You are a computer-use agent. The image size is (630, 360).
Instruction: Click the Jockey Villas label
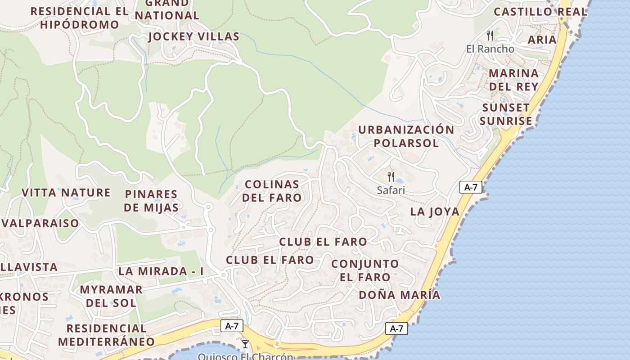pyautogui.click(x=193, y=36)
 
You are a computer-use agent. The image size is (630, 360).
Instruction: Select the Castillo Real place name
pyautogui.click(x=540, y=12)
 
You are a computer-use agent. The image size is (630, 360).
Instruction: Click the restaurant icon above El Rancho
pyautogui.click(x=490, y=35)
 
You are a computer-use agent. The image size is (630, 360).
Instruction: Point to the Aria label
pyautogui.click(x=542, y=40)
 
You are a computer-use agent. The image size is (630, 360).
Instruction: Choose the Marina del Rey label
pyautogui.click(x=513, y=80)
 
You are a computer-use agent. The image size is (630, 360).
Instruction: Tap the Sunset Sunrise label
pyautogui.click(x=506, y=114)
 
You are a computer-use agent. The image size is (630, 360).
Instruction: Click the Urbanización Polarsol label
pyautogui.click(x=406, y=136)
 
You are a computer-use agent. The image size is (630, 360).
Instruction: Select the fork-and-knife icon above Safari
pyautogui.click(x=391, y=176)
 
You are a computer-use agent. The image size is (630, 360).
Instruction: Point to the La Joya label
pyautogui.click(x=435, y=211)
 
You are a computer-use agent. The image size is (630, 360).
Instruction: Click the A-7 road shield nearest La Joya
pyautogui.click(x=471, y=187)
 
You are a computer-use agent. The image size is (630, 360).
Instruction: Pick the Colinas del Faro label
pyautogui.click(x=272, y=191)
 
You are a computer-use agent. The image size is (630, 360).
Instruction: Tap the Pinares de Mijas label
pyautogui.click(x=151, y=201)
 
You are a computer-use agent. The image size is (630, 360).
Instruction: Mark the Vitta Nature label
pyautogui.click(x=66, y=193)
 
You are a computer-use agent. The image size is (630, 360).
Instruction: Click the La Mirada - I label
pyautogui.click(x=161, y=271)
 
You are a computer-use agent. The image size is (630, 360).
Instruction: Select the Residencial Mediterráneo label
pyautogui.click(x=106, y=335)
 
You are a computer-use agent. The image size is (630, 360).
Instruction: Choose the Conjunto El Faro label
pyautogui.click(x=365, y=270)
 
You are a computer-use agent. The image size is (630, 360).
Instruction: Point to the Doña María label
pyautogui.click(x=399, y=295)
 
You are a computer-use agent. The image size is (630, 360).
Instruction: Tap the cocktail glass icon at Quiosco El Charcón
pyautogui.click(x=245, y=344)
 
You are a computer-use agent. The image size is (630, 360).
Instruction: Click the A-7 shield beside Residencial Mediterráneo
pyautogui.click(x=232, y=326)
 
